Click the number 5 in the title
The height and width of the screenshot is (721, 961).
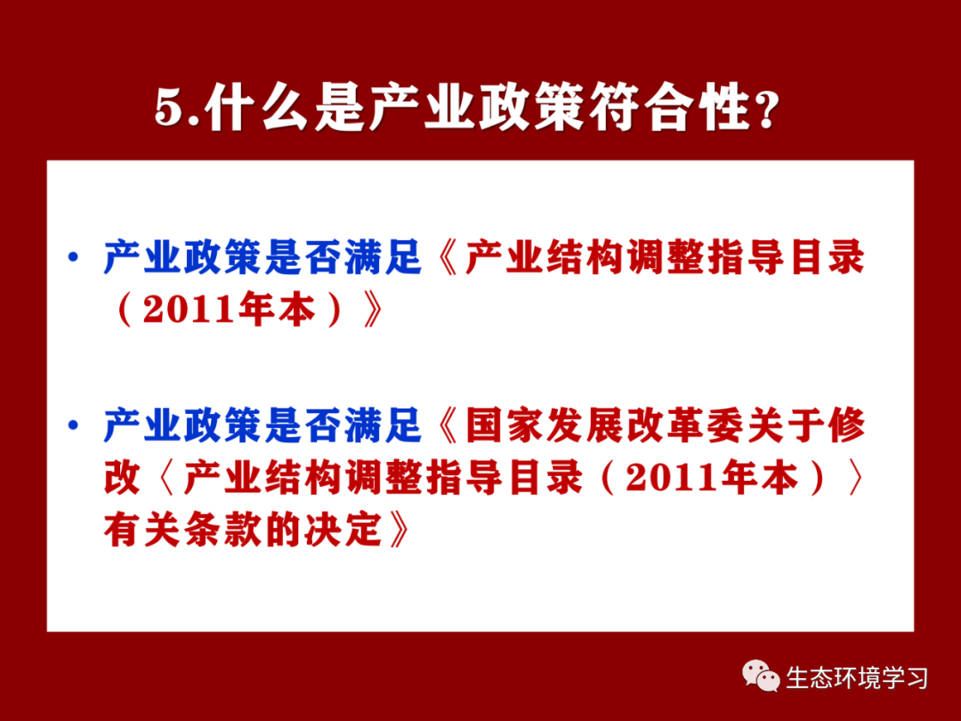tap(168, 109)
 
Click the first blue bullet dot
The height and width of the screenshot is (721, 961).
tap(74, 257)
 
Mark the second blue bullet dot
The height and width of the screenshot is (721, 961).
tap(74, 425)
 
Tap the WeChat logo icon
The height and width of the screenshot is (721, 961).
tap(761, 676)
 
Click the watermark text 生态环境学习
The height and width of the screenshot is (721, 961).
tap(857, 678)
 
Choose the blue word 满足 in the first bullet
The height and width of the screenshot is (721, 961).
tap(383, 257)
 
